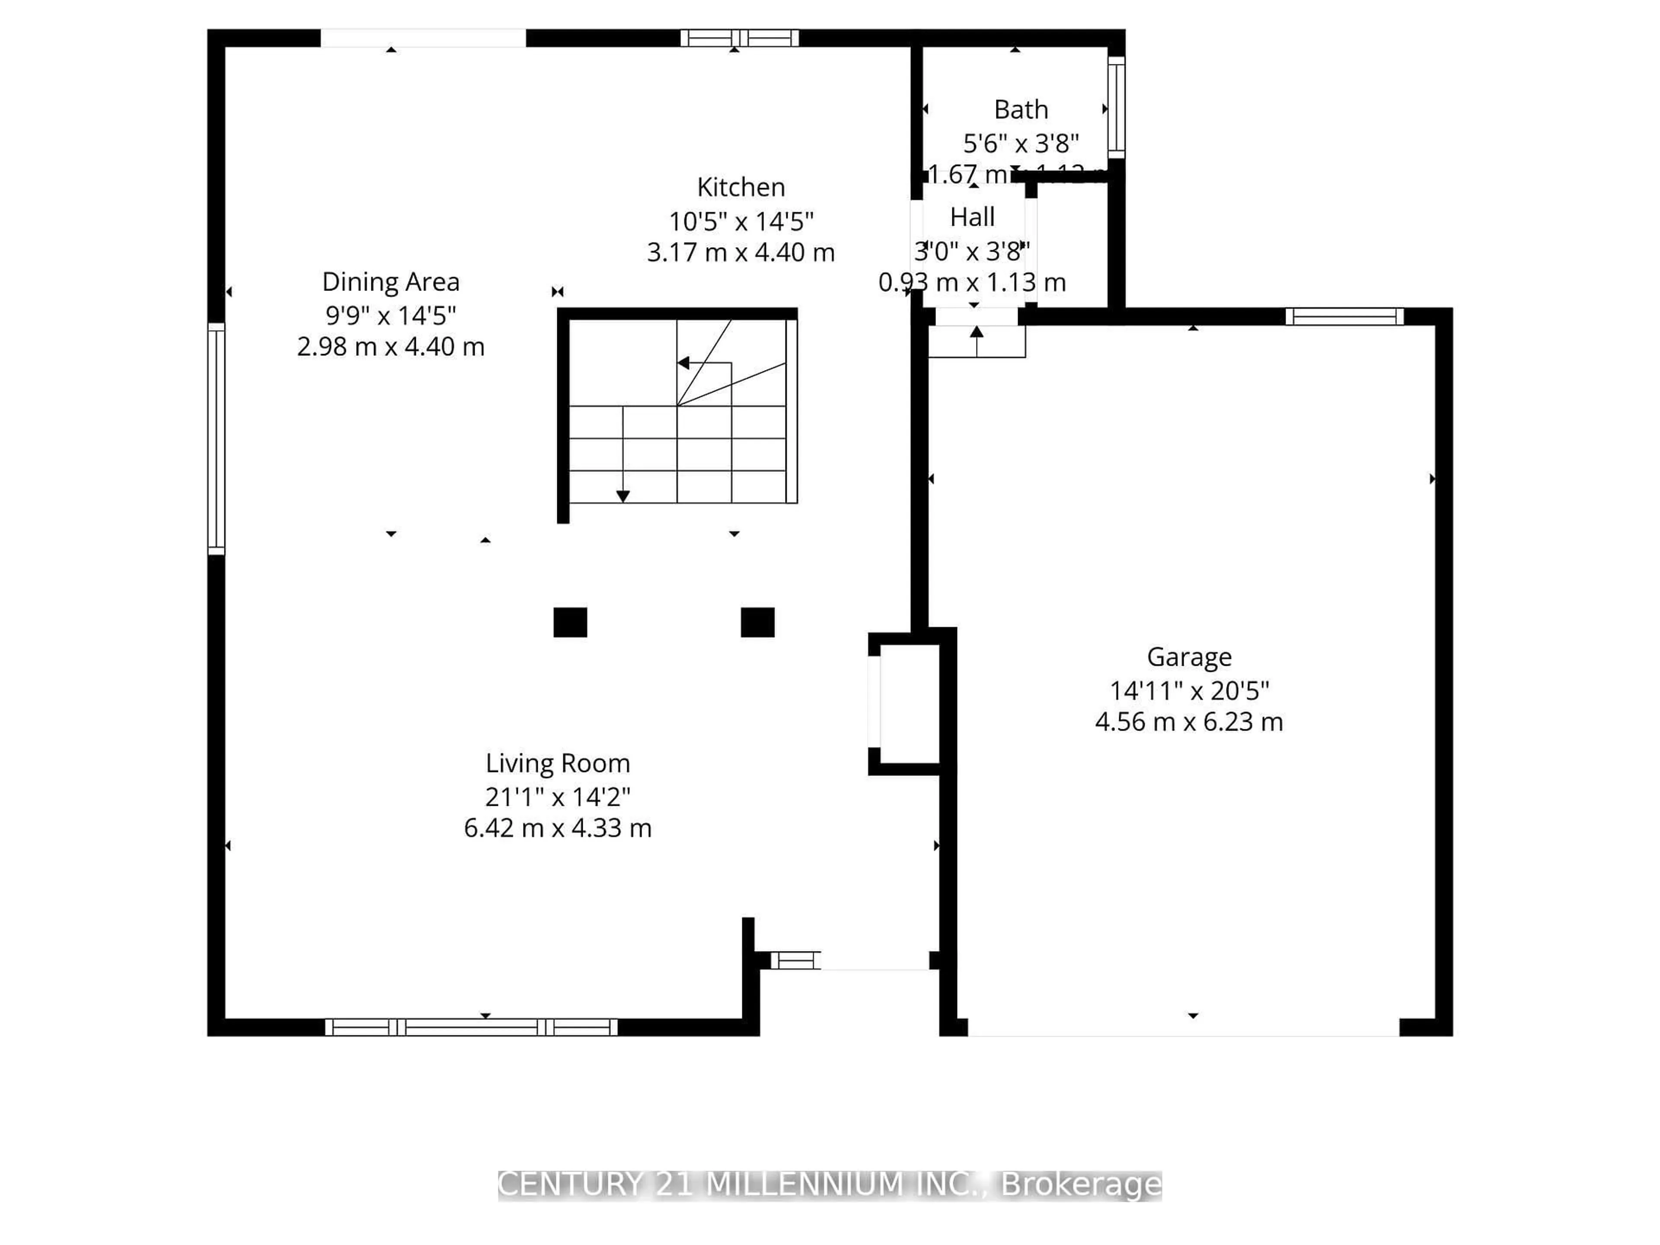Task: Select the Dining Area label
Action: pyautogui.click(x=390, y=282)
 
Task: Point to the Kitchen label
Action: pyautogui.click(x=741, y=187)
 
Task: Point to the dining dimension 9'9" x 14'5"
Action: pyautogui.click(x=390, y=315)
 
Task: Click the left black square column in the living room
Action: pyautogui.click(x=570, y=622)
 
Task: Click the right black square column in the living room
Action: pyautogui.click(x=757, y=622)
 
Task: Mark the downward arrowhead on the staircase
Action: pyautogui.click(x=623, y=496)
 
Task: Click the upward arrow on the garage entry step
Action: pyautogui.click(x=977, y=332)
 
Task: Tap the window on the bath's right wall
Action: pyautogui.click(x=1117, y=107)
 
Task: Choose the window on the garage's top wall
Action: pyautogui.click(x=1344, y=317)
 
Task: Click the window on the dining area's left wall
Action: pyautogui.click(x=216, y=439)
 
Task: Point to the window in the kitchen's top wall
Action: pyautogui.click(x=739, y=38)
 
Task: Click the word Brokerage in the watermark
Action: pyautogui.click(x=1082, y=1185)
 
